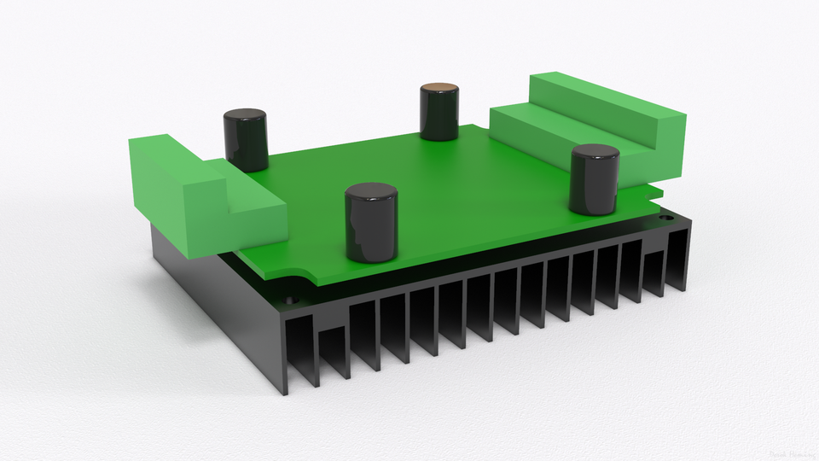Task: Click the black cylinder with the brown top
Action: pos(440,112)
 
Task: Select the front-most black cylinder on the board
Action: pos(371,223)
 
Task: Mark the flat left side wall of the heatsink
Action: pos(213,299)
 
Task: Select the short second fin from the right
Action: pos(653,273)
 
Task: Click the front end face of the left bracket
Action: pos(256,224)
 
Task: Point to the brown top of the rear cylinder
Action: pos(440,88)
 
